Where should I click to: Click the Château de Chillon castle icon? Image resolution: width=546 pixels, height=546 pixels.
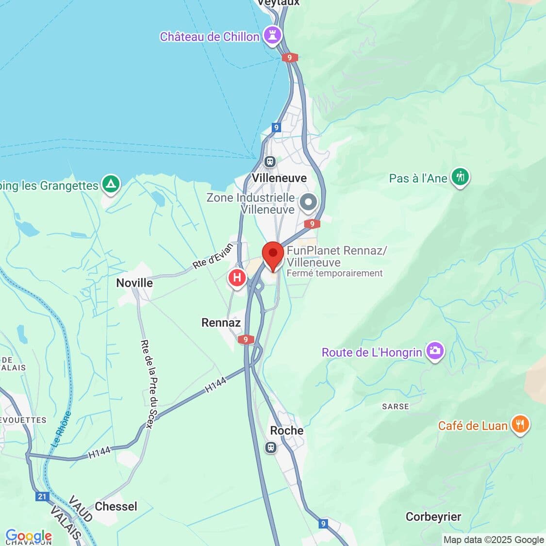coord(272,35)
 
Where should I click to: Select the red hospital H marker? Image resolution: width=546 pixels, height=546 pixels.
coord(237,278)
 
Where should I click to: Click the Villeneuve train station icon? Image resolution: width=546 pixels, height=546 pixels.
coord(270,161)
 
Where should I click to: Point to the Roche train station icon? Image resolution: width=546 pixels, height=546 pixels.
coord(271,447)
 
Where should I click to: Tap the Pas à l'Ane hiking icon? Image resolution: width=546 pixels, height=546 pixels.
coord(460,177)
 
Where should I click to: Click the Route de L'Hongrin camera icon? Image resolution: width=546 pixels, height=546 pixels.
coord(435,351)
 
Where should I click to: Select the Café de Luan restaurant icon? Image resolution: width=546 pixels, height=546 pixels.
coord(520,425)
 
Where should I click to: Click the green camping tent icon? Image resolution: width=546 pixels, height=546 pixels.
coord(111,185)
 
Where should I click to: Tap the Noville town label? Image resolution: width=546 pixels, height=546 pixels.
coord(134,283)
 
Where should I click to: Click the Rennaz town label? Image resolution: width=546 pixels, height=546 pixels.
coord(221,323)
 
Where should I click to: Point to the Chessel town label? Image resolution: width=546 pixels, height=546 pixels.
coord(116,506)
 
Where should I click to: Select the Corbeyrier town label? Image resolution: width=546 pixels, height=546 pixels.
coord(433,517)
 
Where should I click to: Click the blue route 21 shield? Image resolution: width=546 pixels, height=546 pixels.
coord(42,496)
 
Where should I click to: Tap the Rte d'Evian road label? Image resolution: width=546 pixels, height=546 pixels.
coord(213,256)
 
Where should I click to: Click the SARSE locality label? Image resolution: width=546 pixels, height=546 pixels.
coord(396,406)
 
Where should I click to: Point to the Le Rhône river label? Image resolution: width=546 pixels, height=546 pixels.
coord(61,429)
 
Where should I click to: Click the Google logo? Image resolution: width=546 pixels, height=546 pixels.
coord(28,536)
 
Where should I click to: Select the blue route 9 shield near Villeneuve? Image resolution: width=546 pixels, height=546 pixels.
coord(276,128)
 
